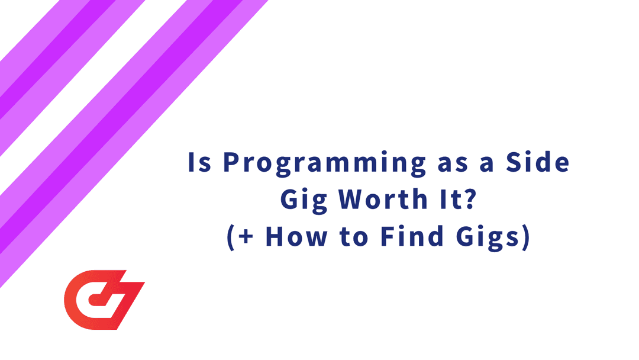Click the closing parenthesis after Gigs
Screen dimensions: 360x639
[524, 237]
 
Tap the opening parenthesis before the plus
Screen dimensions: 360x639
[231, 237]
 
